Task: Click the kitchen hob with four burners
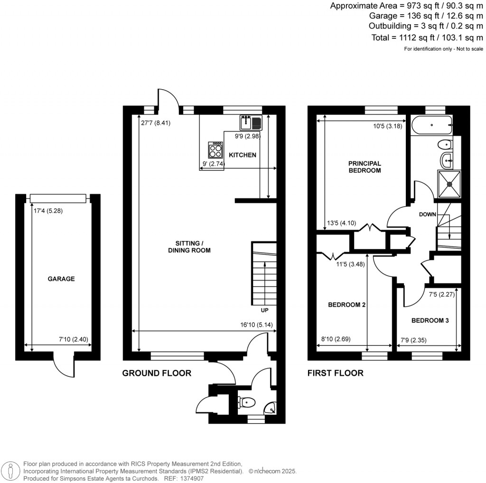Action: coord(215,150)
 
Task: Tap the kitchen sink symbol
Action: coord(251,123)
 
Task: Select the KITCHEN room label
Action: coord(243,155)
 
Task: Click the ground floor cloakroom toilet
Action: coord(246,403)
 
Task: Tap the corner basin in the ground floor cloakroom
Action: coord(270,408)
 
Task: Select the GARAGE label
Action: coord(61,279)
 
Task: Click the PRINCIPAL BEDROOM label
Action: coord(364,167)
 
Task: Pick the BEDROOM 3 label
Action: coord(430,320)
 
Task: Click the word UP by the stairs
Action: coord(264,311)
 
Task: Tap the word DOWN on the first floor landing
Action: coord(427,214)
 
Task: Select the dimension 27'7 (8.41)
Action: coord(155,122)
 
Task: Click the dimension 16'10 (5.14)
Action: coord(257,325)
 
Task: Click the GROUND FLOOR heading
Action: coord(157,373)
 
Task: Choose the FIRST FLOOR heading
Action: coord(335,373)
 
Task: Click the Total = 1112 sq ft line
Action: coord(427,37)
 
